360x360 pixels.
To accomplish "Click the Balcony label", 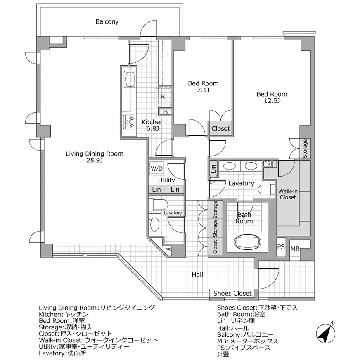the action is (107, 21).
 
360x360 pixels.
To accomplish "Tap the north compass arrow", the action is (326, 334).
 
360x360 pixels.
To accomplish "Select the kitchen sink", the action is (130, 79).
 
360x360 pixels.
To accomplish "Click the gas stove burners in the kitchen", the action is (129, 122).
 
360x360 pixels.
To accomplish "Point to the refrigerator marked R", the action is (163, 97).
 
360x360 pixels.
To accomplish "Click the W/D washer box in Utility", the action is (156, 169).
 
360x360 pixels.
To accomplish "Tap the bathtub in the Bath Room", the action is (248, 242).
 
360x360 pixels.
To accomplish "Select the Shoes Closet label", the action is (232, 293).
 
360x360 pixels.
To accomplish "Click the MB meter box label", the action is (295, 249).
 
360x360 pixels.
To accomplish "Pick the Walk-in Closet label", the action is (288, 194).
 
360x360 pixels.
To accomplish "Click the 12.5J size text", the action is (272, 101).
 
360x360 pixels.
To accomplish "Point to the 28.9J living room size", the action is (95, 160).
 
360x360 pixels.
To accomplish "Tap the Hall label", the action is (197, 275).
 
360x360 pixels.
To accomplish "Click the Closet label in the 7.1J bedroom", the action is (220, 128).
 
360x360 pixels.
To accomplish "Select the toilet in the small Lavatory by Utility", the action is (158, 205).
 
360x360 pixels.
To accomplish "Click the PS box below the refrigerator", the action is (166, 112).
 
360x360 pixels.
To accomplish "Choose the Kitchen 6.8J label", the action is (152, 125).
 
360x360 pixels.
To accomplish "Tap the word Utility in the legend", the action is (47, 347).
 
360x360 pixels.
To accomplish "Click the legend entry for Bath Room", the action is (241, 314).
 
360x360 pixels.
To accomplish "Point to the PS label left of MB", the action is (281, 247).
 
